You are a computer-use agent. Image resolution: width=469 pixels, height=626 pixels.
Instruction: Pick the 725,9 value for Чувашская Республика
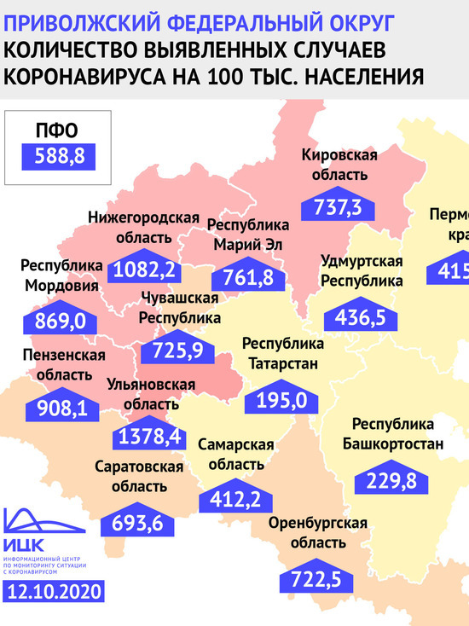(182, 349)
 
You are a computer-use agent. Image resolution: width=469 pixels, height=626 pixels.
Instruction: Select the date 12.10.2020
(54, 591)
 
